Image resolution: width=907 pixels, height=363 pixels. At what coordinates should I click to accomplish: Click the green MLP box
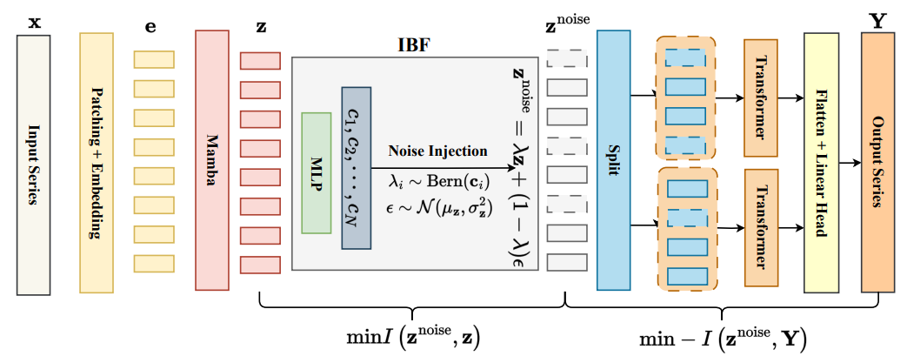(x=317, y=172)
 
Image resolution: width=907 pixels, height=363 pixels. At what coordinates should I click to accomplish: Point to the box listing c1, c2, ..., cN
(x=356, y=168)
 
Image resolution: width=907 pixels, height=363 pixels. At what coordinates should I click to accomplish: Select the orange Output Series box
(x=877, y=162)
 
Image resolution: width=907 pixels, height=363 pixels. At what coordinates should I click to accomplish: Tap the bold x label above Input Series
(x=34, y=17)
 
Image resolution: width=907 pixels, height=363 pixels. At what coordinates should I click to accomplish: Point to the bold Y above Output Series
(x=878, y=18)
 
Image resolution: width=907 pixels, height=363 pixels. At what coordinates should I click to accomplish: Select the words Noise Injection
(x=437, y=151)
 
